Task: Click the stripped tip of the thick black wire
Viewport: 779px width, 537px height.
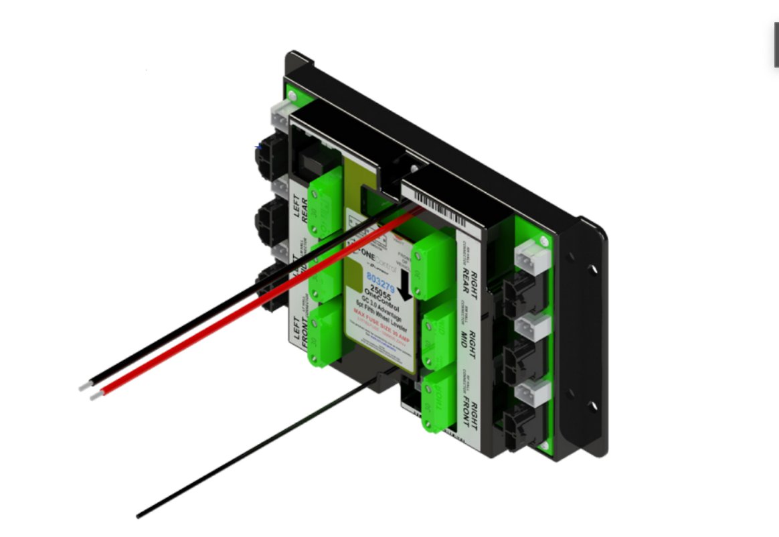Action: (84, 386)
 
